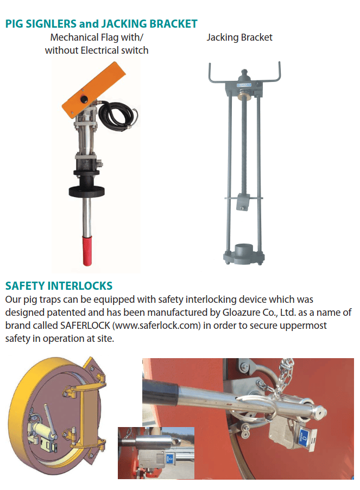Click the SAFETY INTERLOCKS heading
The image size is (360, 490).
pyautogui.click(x=59, y=285)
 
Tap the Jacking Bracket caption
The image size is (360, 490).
pyautogui.click(x=239, y=37)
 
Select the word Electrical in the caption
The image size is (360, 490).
pyautogui.click(x=99, y=50)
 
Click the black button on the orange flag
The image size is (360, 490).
pyautogui.click(x=84, y=99)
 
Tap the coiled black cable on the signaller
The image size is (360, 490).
pyautogui.click(x=118, y=116)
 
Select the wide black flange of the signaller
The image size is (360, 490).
pyautogui.click(x=87, y=191)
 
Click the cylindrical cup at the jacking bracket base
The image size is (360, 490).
pyautogui.click(x=244, y=250)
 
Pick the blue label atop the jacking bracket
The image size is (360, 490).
pyautogui.click(x=244, y=84)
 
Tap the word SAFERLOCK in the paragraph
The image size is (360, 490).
pyautogui.click(x=85, y=326)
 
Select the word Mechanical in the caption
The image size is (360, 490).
pyautogui.click(x=74, y=37)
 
